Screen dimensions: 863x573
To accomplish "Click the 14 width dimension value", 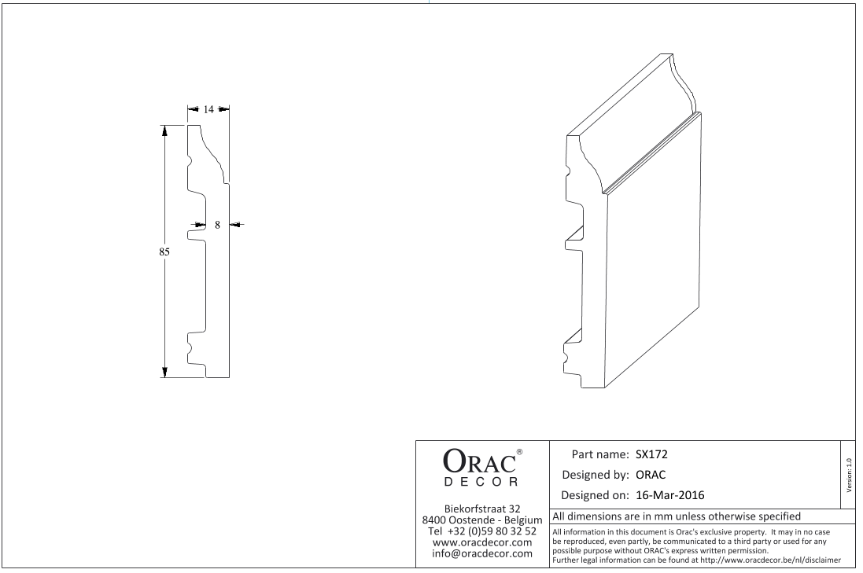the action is [208, 109].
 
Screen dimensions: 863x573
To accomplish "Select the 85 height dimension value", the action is [164, 252].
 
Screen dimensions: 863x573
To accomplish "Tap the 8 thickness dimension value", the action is [217, 225].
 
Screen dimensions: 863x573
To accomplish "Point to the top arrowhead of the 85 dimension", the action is [164, 131].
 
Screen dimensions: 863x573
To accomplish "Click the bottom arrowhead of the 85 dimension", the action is [164, 372].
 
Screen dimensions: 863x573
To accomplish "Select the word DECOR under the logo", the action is [481, 483].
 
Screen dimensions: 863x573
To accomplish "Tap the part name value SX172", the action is [651, 455].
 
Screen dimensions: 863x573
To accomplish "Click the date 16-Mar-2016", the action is [669, 495].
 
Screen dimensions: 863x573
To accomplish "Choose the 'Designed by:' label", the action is [595, 475].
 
